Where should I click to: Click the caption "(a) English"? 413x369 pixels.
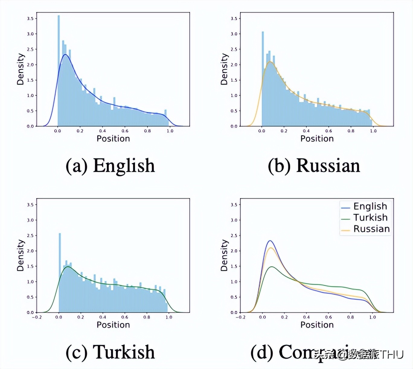tap(110, 166)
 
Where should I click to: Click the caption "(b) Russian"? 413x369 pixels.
tap(314, 166)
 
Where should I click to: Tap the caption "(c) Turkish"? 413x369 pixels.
tap(110, 352)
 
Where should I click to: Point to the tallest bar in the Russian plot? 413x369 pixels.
tap(263, 78)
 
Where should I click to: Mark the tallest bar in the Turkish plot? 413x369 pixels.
tap(60, 271)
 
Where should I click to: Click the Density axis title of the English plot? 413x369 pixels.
tap(20, 69)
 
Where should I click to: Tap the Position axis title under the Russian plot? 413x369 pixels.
tap(317, 139)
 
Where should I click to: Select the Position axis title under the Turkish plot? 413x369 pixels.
tap(113, 325)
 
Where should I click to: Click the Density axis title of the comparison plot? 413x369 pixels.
tap(224, 255)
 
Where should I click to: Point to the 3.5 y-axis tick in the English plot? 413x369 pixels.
tap(30, 19)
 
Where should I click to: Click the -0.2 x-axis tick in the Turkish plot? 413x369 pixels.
tap(37, 317)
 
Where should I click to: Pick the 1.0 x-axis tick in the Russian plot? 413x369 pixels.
tap(373, 131)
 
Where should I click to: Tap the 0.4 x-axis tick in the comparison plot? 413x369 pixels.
tap(306, 317)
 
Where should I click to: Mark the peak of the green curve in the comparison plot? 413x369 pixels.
tap(272, 267)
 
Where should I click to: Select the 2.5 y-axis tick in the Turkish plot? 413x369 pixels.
tap(30, 235)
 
